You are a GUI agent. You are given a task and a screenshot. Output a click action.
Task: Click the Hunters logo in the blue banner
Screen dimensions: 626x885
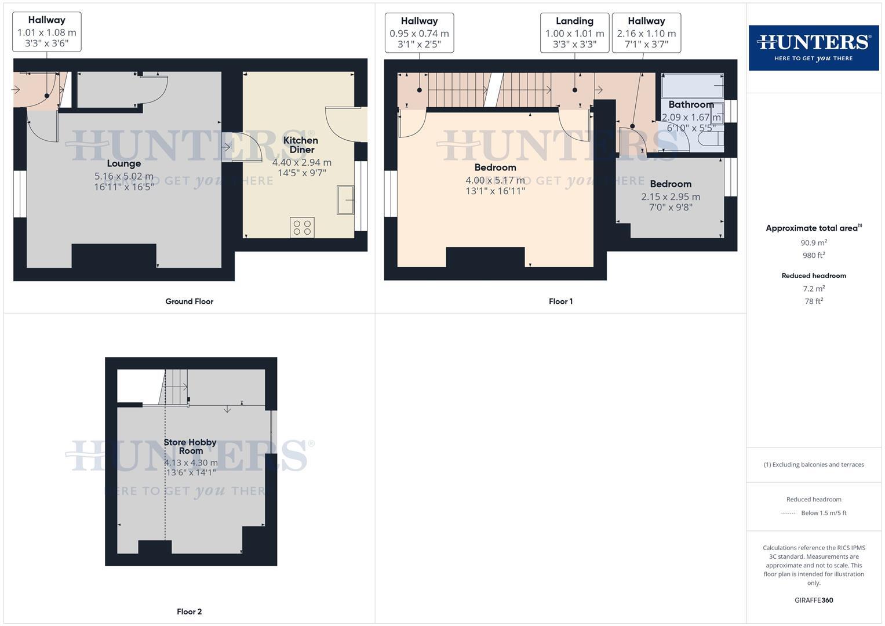click(813, 48)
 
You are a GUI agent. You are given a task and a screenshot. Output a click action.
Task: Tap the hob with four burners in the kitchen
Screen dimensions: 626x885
click(302, 227)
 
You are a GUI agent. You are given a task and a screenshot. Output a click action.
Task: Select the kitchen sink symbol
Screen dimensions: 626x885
click(346, 200)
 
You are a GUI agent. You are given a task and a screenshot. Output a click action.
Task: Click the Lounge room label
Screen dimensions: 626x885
click(124, 163)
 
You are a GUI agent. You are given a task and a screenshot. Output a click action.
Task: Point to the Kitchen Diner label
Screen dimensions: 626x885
click(300, 144)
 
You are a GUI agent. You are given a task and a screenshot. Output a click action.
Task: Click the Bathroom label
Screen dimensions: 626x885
click(691, 104)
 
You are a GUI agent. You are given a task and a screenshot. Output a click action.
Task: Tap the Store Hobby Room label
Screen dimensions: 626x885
click(190, 446)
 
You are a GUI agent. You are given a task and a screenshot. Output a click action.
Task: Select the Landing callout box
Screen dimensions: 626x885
click(574, 32)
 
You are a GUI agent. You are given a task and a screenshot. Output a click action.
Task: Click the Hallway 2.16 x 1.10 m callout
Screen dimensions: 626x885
click(646, 32)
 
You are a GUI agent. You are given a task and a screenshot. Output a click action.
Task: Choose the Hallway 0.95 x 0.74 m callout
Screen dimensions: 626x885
click(419, 32)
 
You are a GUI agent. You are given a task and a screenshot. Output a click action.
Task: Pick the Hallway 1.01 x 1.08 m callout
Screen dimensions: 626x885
click(46, 32)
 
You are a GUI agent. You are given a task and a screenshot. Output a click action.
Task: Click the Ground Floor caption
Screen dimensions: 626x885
click(189, 301)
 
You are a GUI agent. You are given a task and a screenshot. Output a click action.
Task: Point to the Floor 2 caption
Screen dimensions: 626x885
click(189, 612)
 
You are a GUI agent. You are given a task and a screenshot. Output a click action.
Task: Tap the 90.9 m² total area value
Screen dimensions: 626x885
click(814, 243)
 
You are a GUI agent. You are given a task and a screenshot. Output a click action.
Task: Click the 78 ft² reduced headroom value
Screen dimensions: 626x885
click(814, 301)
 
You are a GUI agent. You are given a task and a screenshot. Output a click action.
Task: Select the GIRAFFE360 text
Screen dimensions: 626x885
click(814, 600)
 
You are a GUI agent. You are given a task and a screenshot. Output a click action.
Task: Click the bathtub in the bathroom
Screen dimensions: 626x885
click(692, 86)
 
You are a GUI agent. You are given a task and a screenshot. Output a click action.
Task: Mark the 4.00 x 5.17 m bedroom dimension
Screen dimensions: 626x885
click(495, 180)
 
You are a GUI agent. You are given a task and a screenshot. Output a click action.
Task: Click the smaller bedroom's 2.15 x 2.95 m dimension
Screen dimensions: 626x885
click(671, 196)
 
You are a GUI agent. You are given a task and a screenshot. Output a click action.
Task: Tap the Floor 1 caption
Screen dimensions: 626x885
click(560, 301)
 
